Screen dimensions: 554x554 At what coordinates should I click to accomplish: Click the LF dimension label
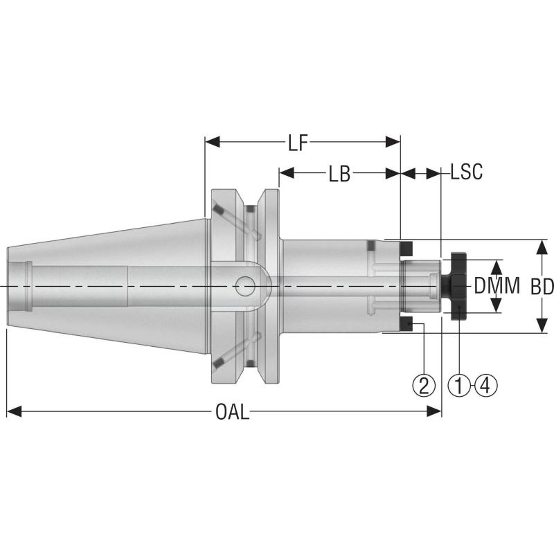[x=298, y=143]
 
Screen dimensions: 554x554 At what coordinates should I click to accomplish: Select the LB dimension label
[x=339, y=174]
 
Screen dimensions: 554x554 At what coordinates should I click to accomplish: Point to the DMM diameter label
[x=497, y=287]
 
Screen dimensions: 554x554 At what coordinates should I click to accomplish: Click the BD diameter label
[x=541, y=287]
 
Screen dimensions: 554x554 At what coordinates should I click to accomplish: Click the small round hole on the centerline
[x=244, y=285]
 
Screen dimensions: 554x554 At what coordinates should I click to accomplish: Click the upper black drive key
[x=408, y=247]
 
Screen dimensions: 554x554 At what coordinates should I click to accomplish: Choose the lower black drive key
[x=408, y=324]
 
